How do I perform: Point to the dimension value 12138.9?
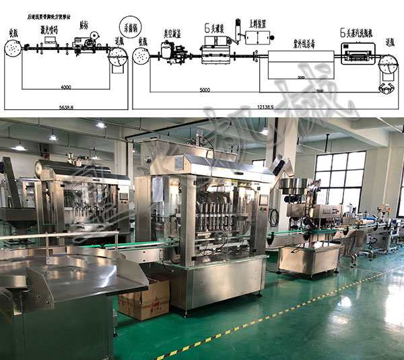click(x=267, y=107)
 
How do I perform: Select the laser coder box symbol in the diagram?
click(x=47, y=42)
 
